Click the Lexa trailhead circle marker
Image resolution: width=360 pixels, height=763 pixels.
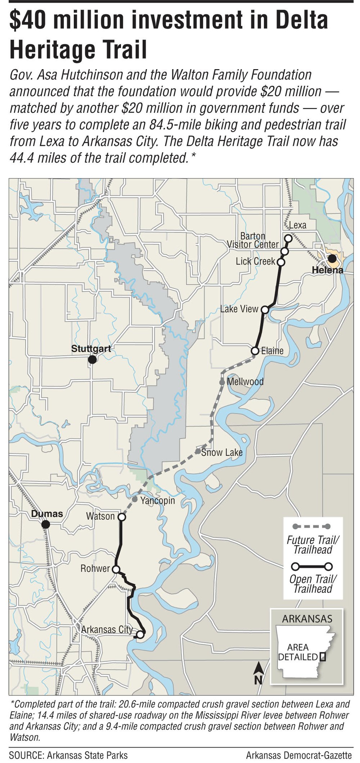(x=288, y=238)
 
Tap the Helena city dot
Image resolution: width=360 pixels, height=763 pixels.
(x=332, y=259)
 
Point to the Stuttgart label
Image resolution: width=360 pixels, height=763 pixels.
(x=91, y=349)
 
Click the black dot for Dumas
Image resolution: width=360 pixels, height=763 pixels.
(x=45, y=524)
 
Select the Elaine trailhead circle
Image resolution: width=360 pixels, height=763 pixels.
(x=255, y=350)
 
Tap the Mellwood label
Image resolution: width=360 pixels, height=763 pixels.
(x=245, y=382)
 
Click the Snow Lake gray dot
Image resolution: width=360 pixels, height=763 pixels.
(x=198, y=451)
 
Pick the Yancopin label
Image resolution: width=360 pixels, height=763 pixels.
(x=157, y=501)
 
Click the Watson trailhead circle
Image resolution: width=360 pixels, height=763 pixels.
(x=122, y=517)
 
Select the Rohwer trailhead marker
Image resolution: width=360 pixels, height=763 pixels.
(x=116, y=569)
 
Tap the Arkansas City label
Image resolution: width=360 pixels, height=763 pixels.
(x=107, y=629)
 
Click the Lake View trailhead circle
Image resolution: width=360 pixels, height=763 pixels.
(x=265, y=310)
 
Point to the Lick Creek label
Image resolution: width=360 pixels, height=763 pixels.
(x=255, y=261)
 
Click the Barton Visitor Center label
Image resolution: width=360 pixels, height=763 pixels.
(x=253, y=240)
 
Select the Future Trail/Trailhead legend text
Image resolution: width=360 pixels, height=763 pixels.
(x=312, y=545)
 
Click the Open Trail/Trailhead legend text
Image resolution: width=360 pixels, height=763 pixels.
(x=312, y=584)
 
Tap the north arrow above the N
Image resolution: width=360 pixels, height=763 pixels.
(x=258, y=669)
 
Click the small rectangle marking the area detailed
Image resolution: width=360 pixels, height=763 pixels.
(x=323, y=657)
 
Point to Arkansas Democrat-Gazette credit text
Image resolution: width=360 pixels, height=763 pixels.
(x=298, y=755)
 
